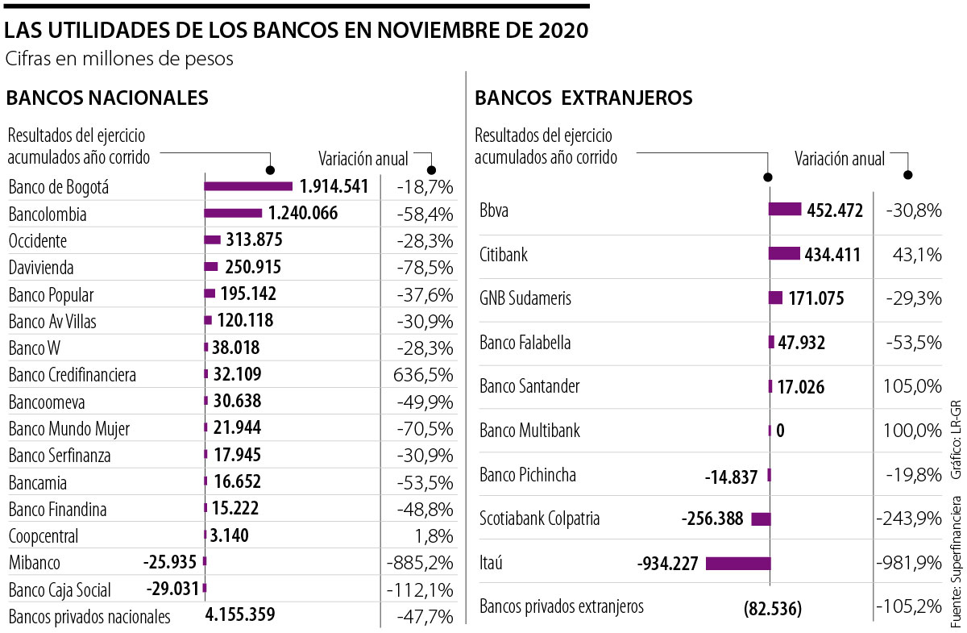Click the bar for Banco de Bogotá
pyautogui.click(x=248, y=186)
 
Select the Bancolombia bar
pyautogui.click(x=233, y=214)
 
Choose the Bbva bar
pyautogui.click(x=785, y=210)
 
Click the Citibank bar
pyautogui.click(x=784, y=254)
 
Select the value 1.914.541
pyautogui.click(x=334, y=187)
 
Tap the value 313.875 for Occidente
pyautogui.click(x=255, y=240)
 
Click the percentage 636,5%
pyautogui.click(x=425, y=374)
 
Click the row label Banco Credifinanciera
pyautogui.click(x=73, y=375)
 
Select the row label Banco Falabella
pyautogui.click(x=525, y=343)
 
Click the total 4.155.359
pyautogui.click(x=240, y=615)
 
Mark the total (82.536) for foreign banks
pyautogui.click(x=772, y=609)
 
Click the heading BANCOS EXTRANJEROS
pyautogui.click(x=583, y=98)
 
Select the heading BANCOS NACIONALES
pyautogui.click(x=107, y=98)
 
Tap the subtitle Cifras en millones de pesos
pyautogui.click(x=119, y=59)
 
